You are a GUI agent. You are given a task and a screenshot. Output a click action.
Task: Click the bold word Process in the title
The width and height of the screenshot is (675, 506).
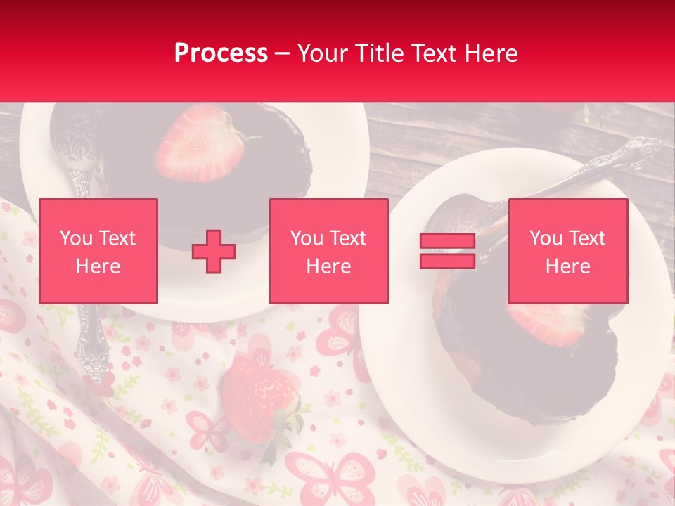coord(221,53)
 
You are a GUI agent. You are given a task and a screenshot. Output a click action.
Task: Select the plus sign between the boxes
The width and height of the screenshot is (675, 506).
coord(214,251)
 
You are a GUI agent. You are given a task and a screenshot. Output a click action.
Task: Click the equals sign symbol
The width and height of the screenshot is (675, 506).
coord(447,251)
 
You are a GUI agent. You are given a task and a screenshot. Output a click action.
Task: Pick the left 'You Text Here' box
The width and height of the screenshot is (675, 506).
coord(98,251)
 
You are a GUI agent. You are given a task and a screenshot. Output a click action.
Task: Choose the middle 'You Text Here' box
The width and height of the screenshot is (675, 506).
coord(328,251)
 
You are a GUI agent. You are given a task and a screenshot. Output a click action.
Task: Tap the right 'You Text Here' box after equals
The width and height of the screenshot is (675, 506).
coord(567,251)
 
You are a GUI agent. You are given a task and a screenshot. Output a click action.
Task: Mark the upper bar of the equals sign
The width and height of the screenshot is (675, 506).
coord(447,241)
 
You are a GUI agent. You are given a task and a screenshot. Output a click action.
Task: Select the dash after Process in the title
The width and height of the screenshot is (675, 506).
coord(283,53)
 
